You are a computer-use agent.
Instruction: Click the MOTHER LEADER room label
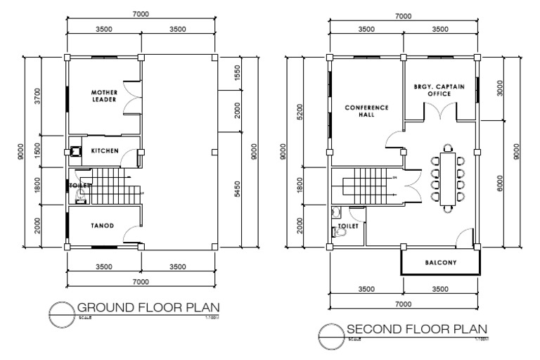coord(103,96)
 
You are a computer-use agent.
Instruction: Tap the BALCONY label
coord(441,264)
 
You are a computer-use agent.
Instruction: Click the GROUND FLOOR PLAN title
coord(148,307)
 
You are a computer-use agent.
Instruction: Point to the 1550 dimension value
coord(237,72)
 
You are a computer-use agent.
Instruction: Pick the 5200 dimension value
coord(301,111)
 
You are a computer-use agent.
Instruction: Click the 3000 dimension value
coord(500,89)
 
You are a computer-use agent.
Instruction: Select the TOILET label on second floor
coord(348,226)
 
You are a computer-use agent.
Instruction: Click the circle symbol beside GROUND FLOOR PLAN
coord(61,311)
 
